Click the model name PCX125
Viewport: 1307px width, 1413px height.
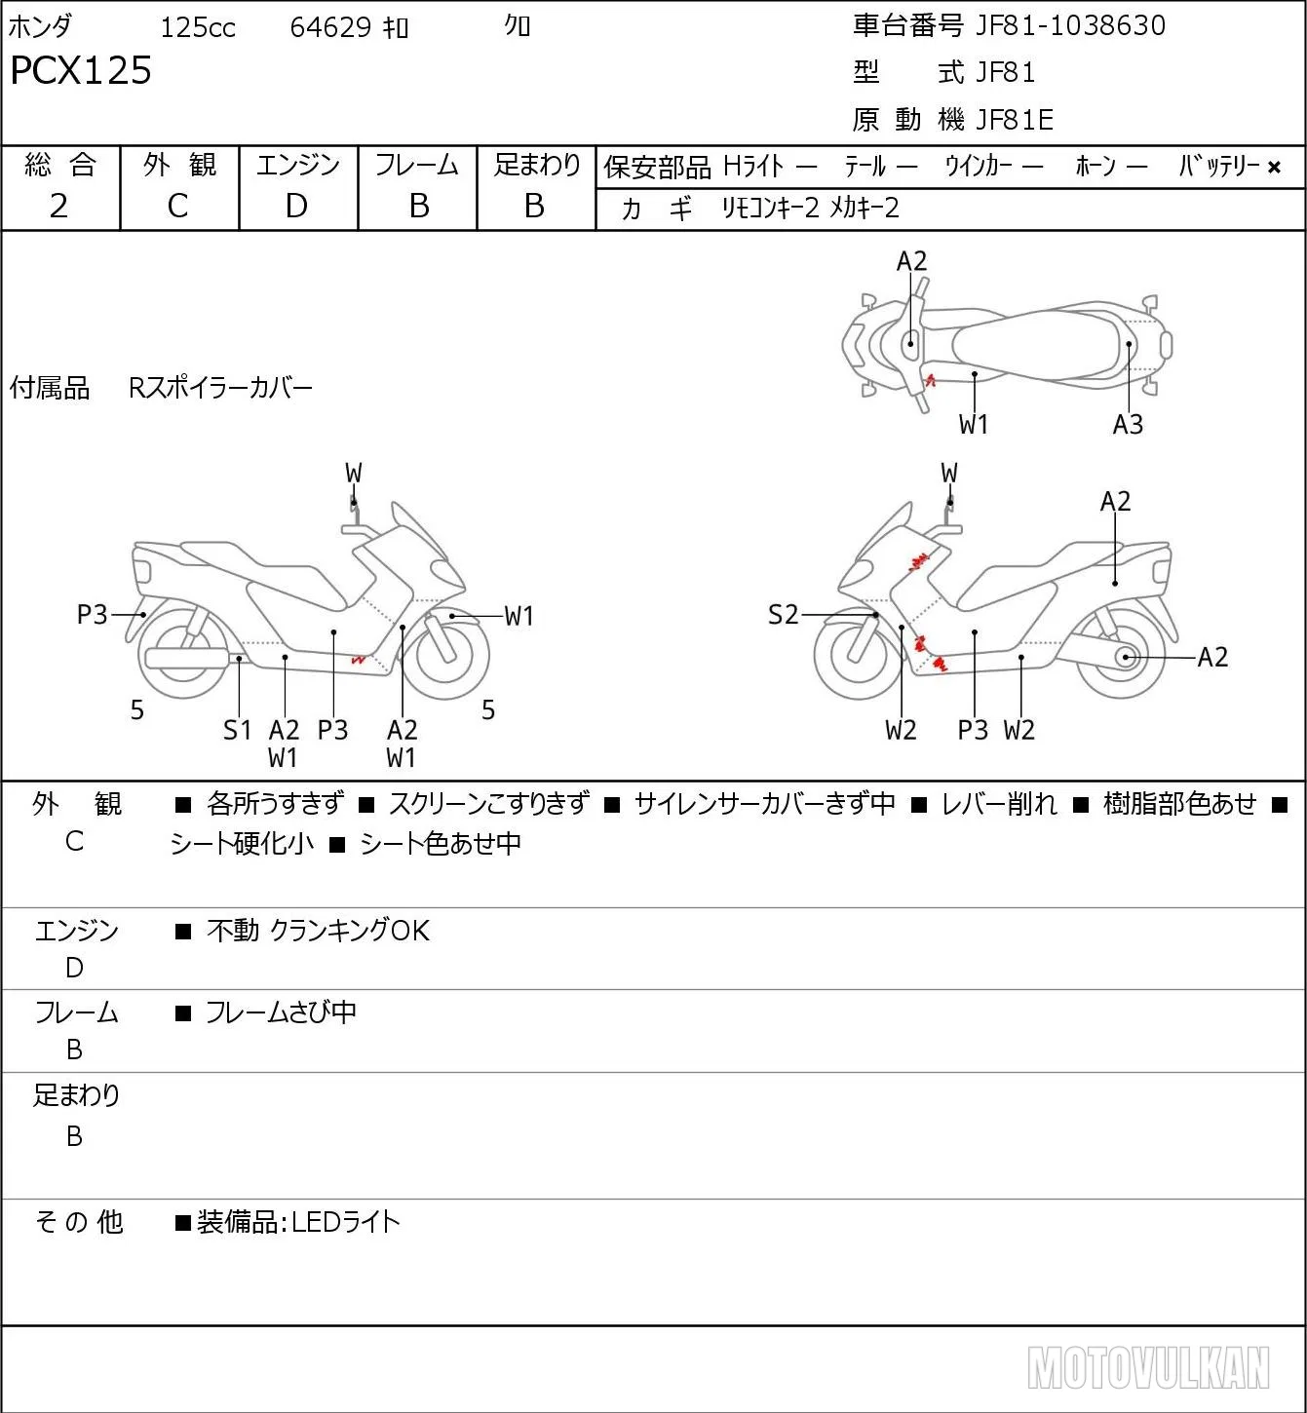pos(81,70)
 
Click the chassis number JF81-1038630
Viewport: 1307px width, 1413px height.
pos(1070,25)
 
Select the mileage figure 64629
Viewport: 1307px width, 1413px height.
pos(330,27)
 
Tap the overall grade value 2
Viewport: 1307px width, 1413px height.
pos(59,206)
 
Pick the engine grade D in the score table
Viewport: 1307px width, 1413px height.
pos(296,206)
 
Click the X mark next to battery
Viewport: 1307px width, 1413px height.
pos(1274,168)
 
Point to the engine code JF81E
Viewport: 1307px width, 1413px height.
pos(1015,120)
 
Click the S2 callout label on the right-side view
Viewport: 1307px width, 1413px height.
pos(783,614)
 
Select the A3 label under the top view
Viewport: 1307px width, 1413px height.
pos(1128,424)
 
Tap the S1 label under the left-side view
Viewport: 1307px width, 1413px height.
pos(237,730)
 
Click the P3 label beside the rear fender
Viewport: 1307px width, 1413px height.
pos(92,614)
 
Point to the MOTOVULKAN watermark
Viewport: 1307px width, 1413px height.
pos(1148,1367)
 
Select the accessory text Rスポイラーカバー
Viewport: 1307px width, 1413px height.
pos(220,388)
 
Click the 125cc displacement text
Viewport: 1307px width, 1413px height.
pos(198,27)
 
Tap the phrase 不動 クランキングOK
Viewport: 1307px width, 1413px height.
pos(318,930)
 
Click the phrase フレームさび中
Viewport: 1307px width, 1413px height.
pos(281,1012)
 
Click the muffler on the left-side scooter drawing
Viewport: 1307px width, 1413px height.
pos(186,658)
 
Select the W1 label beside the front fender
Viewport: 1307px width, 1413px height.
pos(519,616)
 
